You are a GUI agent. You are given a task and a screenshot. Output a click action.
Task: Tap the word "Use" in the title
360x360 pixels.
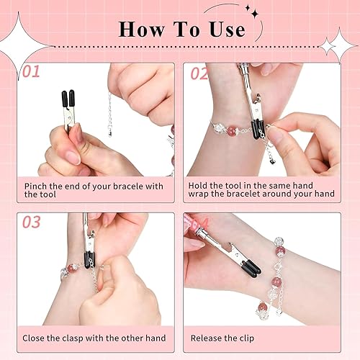pyautogui.click(x=228, y=30)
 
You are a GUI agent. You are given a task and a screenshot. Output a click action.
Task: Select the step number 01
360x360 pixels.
pyautogui.click(x=31, y=71)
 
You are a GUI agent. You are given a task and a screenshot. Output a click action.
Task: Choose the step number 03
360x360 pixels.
pyautogui.click(x=32, y=222)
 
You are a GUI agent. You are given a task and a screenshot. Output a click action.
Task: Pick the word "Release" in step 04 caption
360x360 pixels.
pyautogui.click(x=206, y=338)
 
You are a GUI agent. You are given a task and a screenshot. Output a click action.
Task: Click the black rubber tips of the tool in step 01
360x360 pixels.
pyautogui.click(x=68, y=98)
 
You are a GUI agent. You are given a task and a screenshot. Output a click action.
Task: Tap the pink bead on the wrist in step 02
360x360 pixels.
pyautogui.click(x=232, y=131)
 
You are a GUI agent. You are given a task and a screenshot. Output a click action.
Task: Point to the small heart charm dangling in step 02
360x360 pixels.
pyautogui.click(x=272, y=162)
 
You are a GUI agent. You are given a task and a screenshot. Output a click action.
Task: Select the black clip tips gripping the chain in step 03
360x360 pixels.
pyautogui.click(x=89, y=260)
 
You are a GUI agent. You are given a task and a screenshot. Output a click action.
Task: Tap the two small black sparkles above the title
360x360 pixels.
pyautogui.click(x=252, y=12)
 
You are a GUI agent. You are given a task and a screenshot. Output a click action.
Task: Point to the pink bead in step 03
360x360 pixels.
pyautogui.click(x=71, y=269)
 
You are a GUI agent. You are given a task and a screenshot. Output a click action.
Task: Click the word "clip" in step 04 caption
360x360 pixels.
pyautogui.click(x=246, y=338)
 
